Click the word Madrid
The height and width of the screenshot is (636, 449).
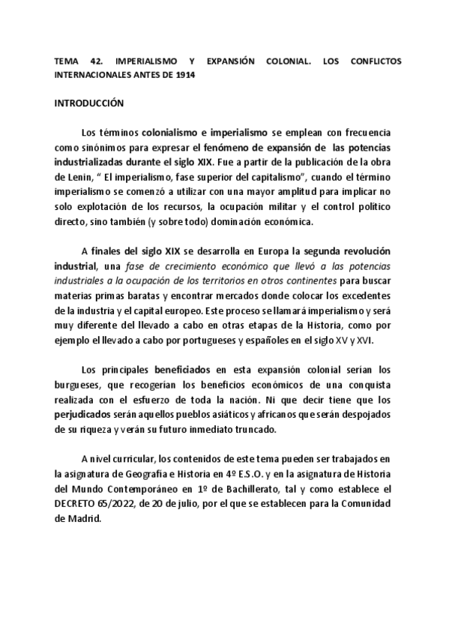[83, 517]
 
